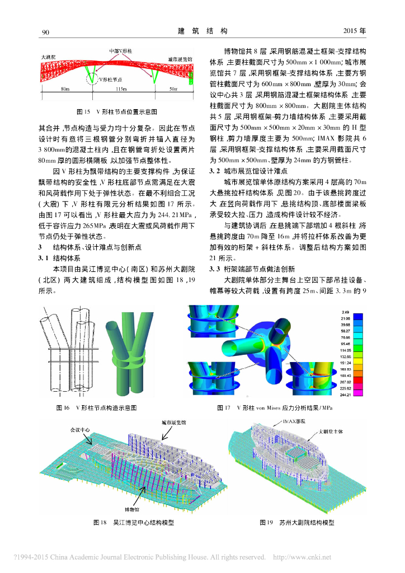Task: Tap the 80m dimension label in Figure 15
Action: (65, 90)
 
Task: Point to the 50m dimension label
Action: (173, 90)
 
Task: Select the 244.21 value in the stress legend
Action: (345, 396)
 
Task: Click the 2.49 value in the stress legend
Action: (345, 311)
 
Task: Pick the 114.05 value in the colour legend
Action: (345, 350)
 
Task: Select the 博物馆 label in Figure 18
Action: (133, 509)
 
